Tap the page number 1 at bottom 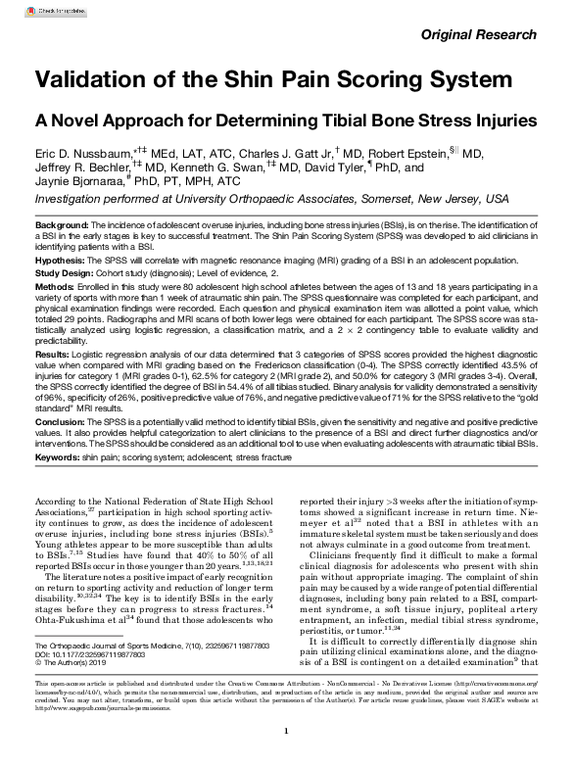(285, 730)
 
